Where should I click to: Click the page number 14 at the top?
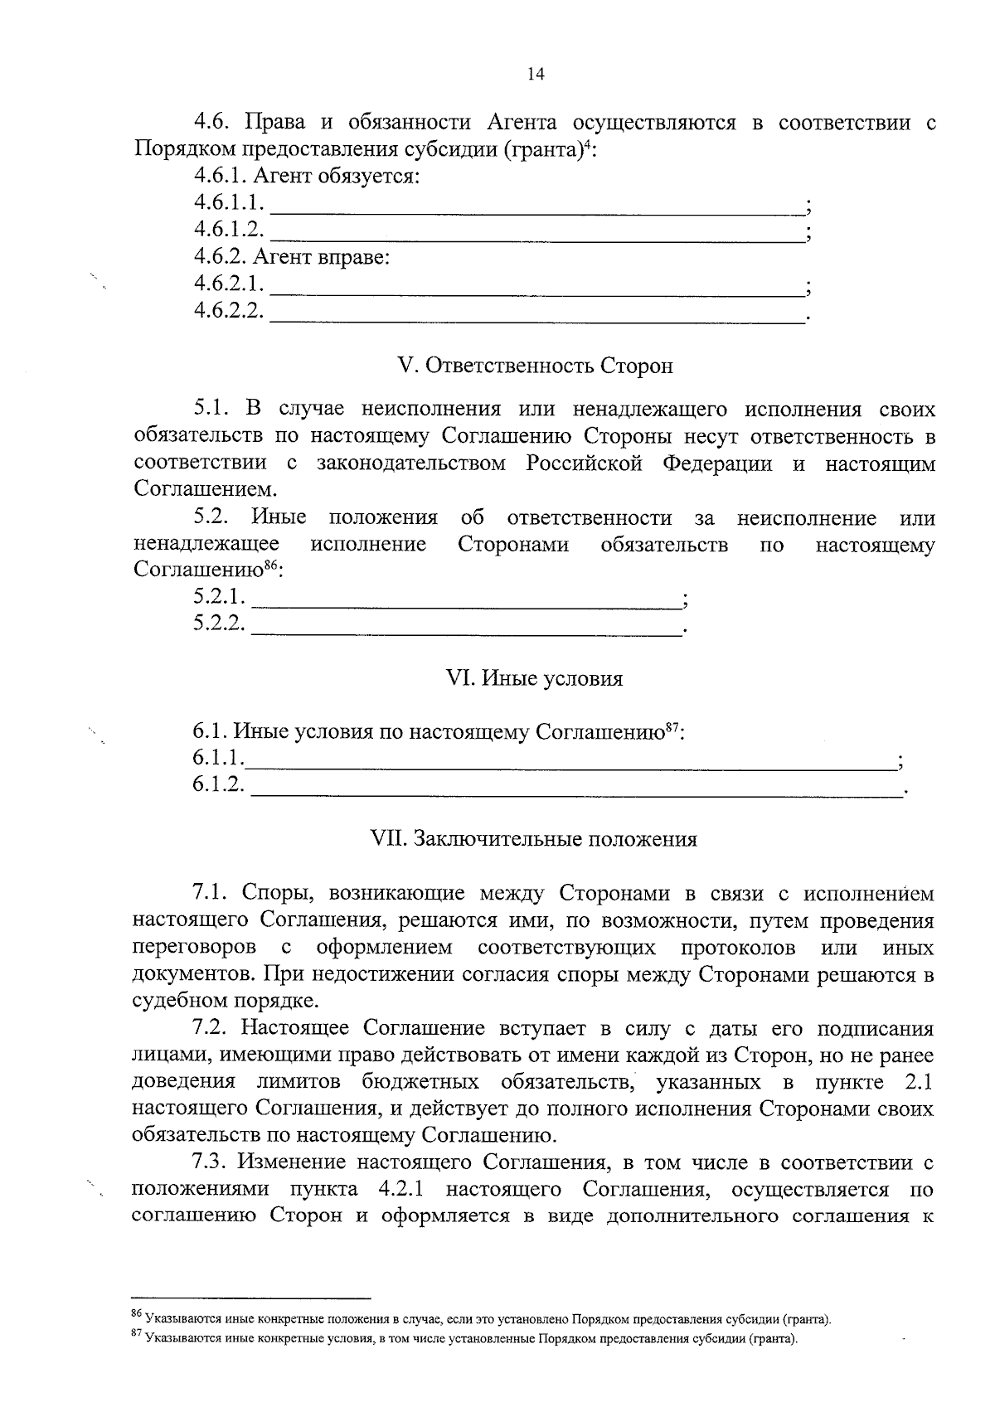click(535, 75)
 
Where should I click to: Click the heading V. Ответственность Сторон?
click(536, 366)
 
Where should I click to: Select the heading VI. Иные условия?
click(535, 678)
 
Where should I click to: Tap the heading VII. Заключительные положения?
click(535, 838)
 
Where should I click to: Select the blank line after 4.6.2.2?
click(537, 315)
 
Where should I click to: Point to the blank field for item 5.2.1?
click(464, 600)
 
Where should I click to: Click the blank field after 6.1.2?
click(576, 788)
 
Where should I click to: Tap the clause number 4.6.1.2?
click(228, 229)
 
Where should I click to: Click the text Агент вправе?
click(321, 257)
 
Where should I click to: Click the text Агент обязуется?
click(337, 176)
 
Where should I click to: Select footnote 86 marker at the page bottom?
click(138, 1313)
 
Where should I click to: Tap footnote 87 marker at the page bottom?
click(138, 1336)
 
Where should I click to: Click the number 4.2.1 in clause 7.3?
click(400, 1189)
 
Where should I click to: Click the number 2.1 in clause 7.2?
click(916, 1082)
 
